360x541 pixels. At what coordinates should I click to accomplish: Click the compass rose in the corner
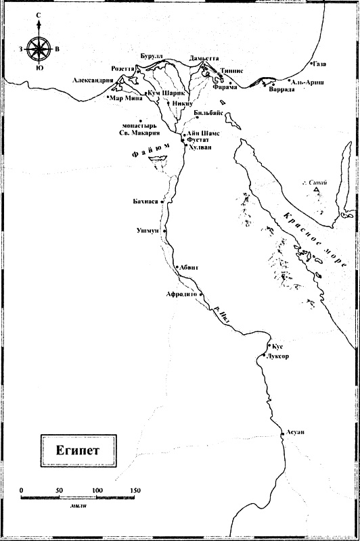point(40,49)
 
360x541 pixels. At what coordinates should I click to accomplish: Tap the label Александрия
point(93,80)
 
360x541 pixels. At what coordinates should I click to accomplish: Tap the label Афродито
point(181,294)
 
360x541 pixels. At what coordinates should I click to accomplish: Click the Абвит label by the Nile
point(190,267)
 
